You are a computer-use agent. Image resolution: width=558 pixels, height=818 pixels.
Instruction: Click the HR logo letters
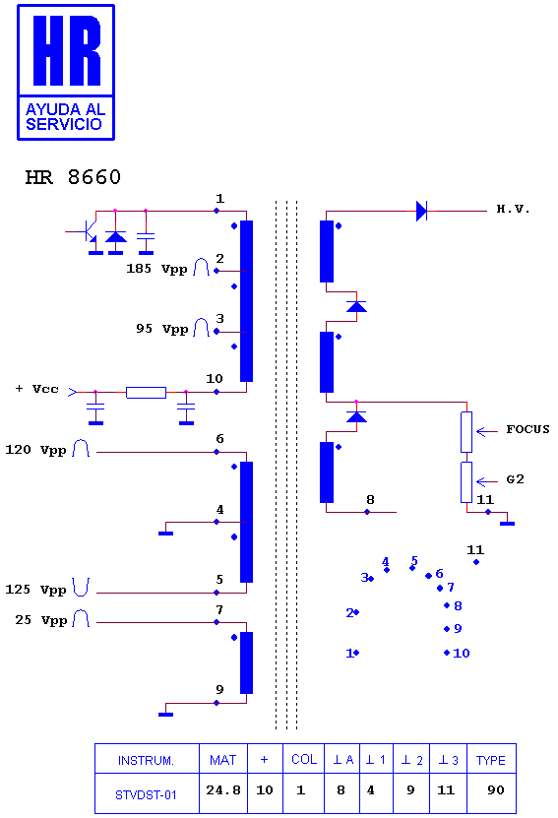66,50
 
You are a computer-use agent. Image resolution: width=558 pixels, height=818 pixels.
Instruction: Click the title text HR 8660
73,177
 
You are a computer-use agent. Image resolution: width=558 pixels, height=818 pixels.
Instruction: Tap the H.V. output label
513,210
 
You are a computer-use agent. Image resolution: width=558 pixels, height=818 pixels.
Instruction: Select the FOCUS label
527,429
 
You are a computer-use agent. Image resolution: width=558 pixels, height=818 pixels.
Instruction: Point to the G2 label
516,479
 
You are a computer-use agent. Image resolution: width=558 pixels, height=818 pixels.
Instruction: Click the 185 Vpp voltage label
156,269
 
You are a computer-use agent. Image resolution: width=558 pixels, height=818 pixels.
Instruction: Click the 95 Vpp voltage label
161,329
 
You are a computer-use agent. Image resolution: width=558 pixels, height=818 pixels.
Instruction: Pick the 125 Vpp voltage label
36,590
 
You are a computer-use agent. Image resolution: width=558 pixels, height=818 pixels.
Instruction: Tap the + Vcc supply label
37,389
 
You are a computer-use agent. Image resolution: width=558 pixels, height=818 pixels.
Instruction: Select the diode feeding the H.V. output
421,212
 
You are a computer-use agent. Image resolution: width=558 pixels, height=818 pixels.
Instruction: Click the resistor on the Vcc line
146,393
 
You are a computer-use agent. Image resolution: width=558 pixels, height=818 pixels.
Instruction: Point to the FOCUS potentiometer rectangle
466,432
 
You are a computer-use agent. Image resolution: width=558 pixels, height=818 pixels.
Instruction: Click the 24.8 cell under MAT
223,790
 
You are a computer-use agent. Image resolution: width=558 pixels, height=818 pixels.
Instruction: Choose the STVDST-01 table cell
146,795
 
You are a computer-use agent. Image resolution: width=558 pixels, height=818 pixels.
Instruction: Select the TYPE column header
491,761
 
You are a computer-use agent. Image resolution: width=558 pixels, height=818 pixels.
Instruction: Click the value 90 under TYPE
495,790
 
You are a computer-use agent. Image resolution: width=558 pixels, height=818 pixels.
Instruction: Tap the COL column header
304,760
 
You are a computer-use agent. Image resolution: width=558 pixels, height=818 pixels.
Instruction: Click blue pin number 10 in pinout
462,654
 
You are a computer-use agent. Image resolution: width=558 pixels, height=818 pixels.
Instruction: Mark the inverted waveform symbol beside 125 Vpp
81,587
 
